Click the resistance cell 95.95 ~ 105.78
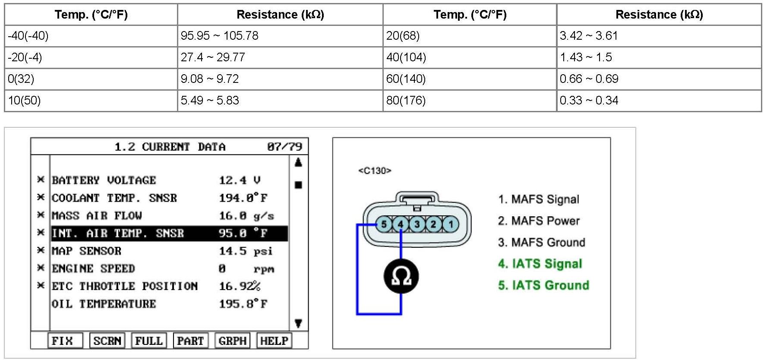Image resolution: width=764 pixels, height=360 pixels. pyautogui.click(x=219, y=36)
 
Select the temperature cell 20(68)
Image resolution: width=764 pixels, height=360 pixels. pyautogui.click(x=403, y=36)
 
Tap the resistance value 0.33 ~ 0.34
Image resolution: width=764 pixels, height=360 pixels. pyautogui.click(x=589, y=101)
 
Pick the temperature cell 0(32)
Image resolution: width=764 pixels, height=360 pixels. pyautogui.click(x=21, y=79)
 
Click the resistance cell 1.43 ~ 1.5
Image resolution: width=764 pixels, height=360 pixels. pyautogui.click(x=586, y=57)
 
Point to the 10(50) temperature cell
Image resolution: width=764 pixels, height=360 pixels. pyautogui.click(x=24, y=101)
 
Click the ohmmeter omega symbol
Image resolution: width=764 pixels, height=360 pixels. pyautogui.click(x=401, y=276)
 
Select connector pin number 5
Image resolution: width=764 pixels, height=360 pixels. pyautogui.click(x=383, y=224)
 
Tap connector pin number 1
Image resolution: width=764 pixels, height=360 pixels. pyautogui.click(x=451, y=224)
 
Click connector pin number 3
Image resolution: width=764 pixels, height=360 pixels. pyautogui.click(x=417, y=224)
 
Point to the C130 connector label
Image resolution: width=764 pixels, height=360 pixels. pyautogui.click(x=374, y=171)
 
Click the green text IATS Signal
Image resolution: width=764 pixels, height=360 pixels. pyautogui.click(x=540, y=264)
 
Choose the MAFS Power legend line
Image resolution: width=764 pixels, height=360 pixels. pyautogui.click(x=538, y=221)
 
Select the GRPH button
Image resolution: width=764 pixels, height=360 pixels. pyautogui.click(x=232, y=341)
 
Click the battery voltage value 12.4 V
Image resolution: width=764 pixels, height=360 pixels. pyautogui.click(x=240, y=180)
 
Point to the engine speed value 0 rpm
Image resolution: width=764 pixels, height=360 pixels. pyautogui.click(x=246, y=269)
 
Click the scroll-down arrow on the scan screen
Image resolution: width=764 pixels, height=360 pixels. pyautogui.click(x=298, y=323)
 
